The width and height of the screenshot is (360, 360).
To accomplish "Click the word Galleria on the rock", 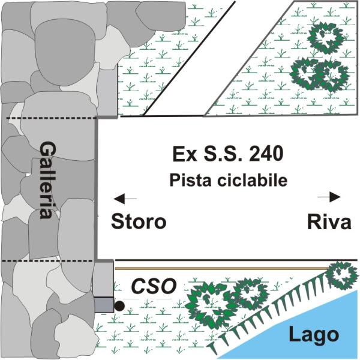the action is tap(48, 180).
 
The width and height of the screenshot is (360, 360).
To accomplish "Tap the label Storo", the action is tap(139, 221).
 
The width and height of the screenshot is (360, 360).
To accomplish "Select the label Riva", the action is tap(329, 222).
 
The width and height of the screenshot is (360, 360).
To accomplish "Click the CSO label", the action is tap(154, 286).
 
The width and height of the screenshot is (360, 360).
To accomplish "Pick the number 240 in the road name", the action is tap(266, 154).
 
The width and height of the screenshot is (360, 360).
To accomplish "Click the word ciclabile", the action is tap(253, 180).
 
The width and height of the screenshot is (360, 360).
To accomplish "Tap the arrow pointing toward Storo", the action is tap(125, 199).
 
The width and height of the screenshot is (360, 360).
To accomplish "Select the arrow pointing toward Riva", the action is tap(329, 197).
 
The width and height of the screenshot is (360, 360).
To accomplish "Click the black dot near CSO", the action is tap(119, 305).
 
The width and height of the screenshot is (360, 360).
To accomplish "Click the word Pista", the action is tap(190, 180).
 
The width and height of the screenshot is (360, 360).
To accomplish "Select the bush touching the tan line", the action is tap(342, 275).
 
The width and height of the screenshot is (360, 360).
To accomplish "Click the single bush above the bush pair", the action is tap(326, 37).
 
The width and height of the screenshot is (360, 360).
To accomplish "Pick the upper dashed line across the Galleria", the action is tap(51, 118).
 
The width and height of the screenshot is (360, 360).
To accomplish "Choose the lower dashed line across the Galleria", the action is tap(47, 261).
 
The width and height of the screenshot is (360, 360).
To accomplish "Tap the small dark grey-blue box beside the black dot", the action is tap(104, 305).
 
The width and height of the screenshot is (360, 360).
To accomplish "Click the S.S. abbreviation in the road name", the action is tap(223, 154).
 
